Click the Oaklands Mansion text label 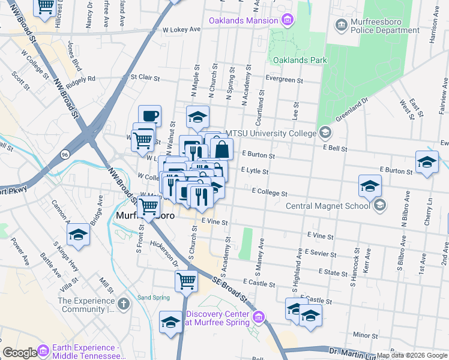coord(243,21)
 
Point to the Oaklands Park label coord(300,60)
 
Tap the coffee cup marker coord(149,116)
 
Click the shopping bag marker coord(221,149)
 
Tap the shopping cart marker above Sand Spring coord(186,280)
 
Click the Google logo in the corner coord(19,353)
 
